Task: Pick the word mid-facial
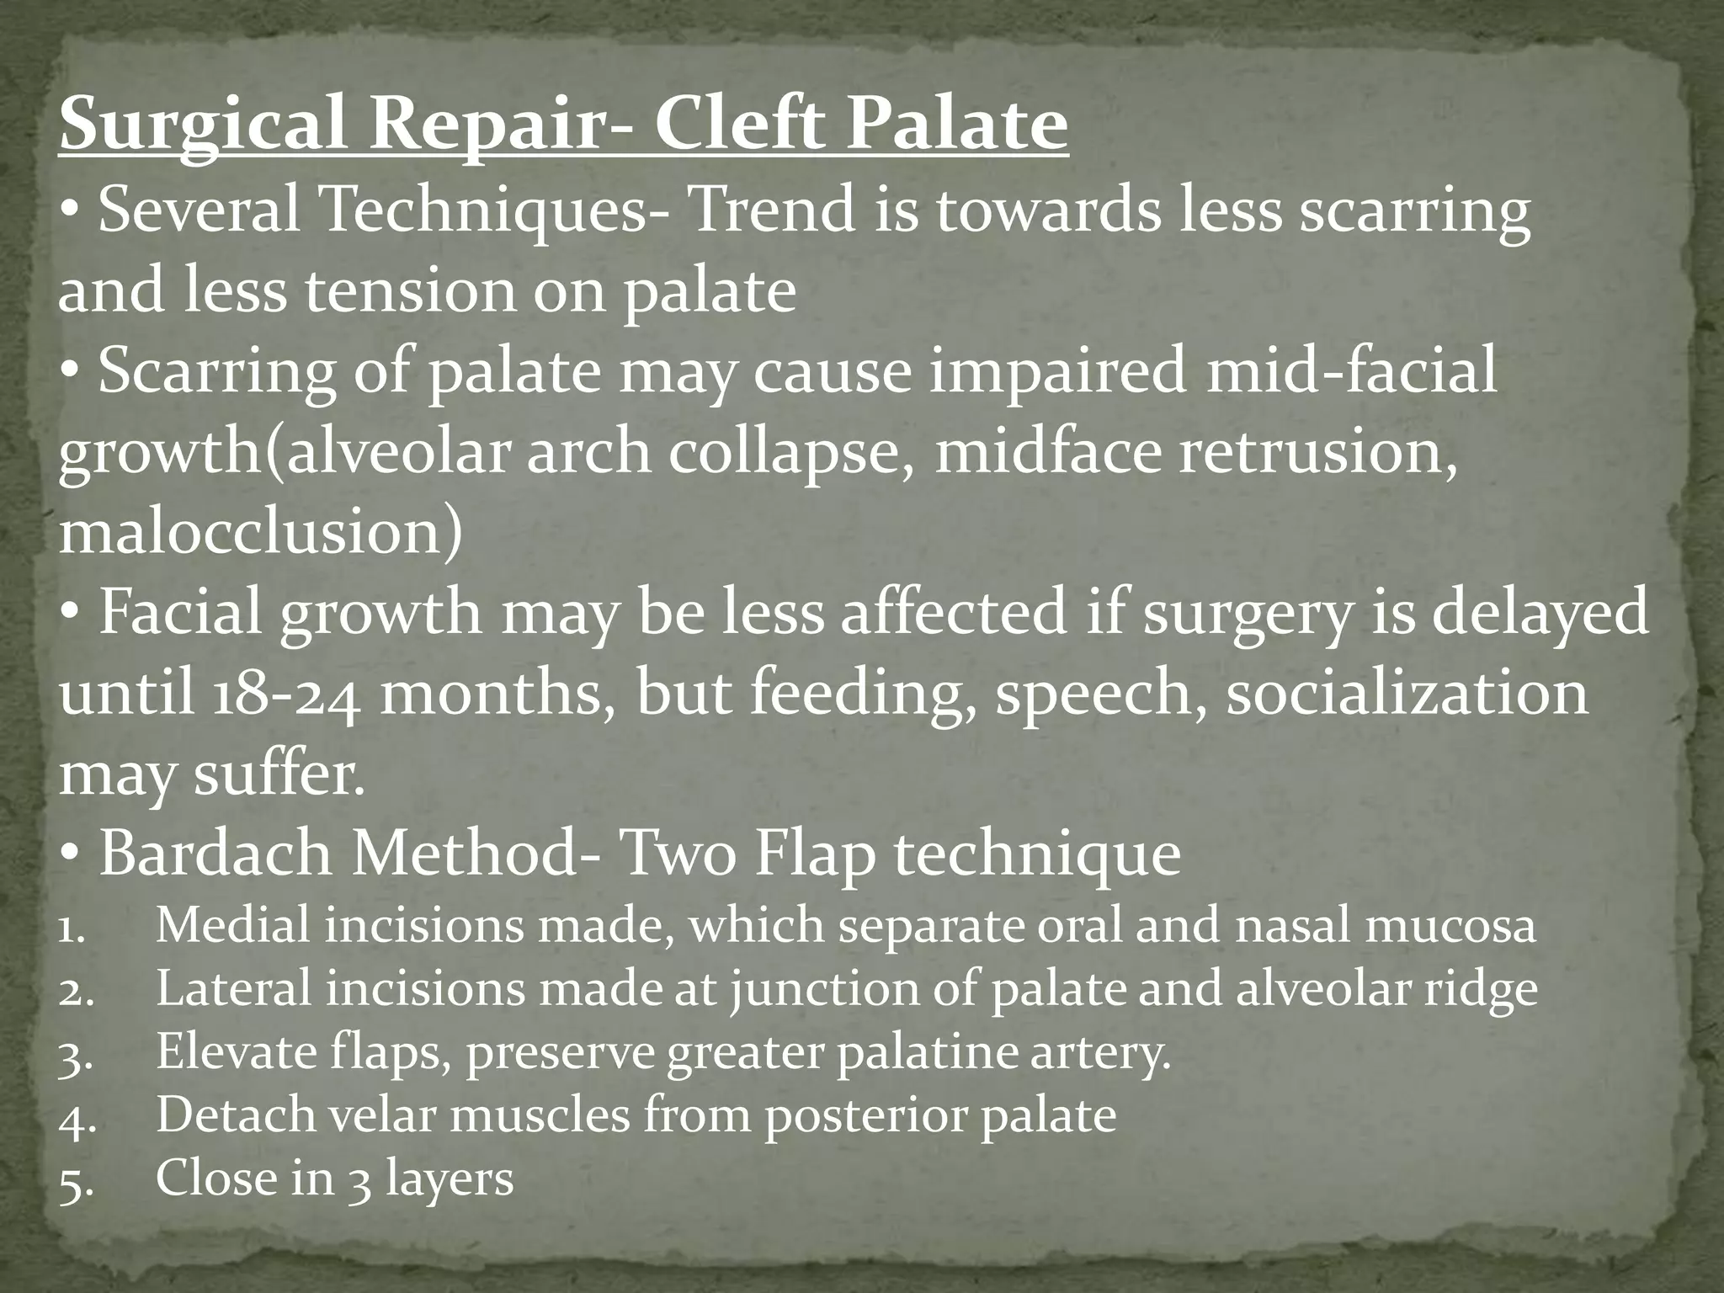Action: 1351,372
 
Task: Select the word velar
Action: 378,1116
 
